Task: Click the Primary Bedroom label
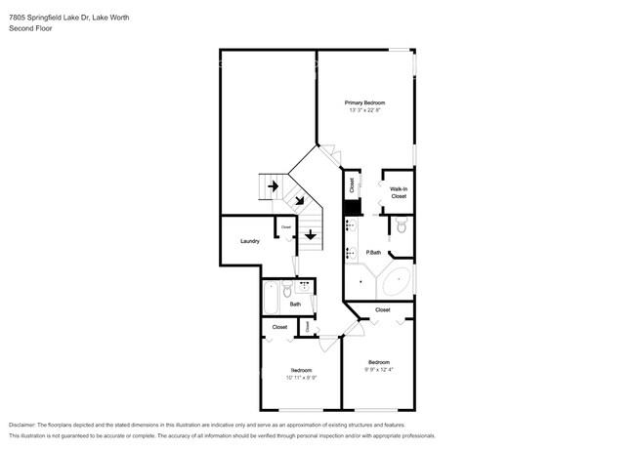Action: [x=364, y=102]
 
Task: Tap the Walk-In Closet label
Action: [x=399, y=192]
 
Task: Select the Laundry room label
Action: [x=249, y=241]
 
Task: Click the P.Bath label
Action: [x=373, y=253]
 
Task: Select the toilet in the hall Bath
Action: [x=286, y=290]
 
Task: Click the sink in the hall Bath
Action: [x=305, y=286]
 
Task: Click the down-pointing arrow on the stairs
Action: [x=311, y=235]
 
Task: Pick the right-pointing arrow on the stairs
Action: [x=274, y=184]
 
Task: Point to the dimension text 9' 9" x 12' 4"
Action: [x=379, y=369]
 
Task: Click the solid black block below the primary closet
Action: [x=351, y=208]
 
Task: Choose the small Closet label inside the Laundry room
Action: [x=286, y=227]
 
